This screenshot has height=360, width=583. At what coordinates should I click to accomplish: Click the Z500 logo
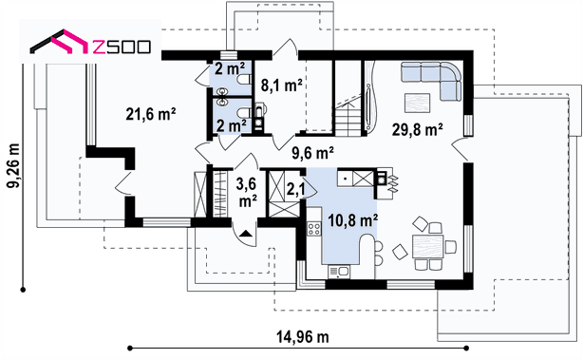[x=90, y=42]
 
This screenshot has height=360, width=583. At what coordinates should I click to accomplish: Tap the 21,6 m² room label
[x=151, y=114]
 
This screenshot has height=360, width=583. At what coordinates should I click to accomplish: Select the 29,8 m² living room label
[x=417, y=130]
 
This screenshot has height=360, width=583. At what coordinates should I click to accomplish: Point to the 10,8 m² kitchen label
[x=353, y=220]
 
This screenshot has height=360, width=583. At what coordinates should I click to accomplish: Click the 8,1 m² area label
[x=281, y=85]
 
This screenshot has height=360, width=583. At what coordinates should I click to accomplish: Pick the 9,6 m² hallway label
[x=312, y=153]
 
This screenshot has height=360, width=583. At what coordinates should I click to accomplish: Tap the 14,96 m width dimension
[x=302, y=337]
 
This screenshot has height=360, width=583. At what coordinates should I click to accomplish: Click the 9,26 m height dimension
[x=14, y=165]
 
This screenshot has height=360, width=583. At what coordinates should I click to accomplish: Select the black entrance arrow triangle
[x=246, y=234]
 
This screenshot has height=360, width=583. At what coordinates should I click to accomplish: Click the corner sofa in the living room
[x=431, y=81]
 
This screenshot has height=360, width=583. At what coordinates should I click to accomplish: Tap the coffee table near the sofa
[x=417, y=103]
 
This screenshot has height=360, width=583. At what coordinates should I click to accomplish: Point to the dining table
[x=428, y=247]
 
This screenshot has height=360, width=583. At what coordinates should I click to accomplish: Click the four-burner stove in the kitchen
[x=314, y=229]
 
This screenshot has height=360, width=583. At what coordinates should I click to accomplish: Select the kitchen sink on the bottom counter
[x=339, y=272]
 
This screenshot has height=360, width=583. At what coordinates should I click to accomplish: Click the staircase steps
[x=348, y=120]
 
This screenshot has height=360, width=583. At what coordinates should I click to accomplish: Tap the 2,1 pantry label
[x=295, y=189]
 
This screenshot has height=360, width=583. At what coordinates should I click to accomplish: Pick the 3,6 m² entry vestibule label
[x=247, y=193]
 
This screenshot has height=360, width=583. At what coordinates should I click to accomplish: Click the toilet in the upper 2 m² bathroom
[x=243, y=79]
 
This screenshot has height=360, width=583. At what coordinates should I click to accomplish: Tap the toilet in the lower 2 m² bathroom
[x=243, y=113]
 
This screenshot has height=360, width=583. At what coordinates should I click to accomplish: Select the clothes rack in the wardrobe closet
[x=220, y=194]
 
